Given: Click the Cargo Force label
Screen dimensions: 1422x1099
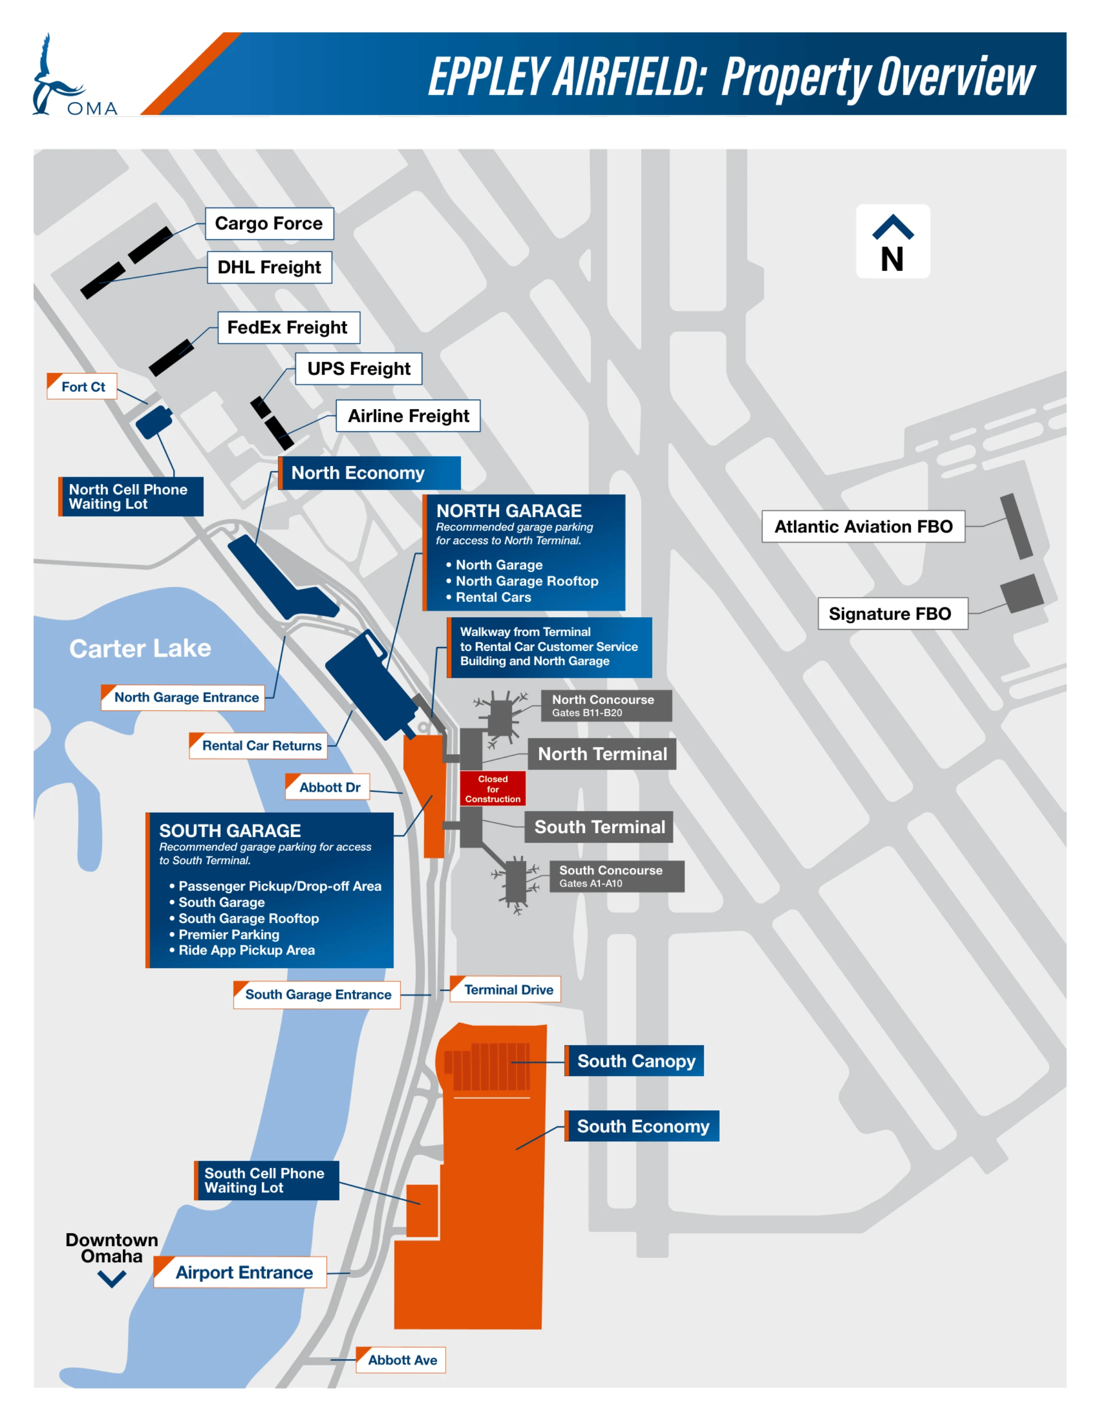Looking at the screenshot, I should pos(269,223).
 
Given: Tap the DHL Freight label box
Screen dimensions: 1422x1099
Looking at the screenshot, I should pos(269,267).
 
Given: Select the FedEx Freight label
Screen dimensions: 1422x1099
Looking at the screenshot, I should pos(288,327).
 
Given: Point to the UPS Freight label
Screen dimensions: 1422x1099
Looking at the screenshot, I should pos(359,368).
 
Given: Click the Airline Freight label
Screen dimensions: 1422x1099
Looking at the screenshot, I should pos(408,415).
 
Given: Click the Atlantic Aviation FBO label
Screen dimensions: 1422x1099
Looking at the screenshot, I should pos(863,526).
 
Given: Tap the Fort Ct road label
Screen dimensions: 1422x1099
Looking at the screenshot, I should pos(82,386).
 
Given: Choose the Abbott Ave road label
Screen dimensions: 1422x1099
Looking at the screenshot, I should pos(401,1359).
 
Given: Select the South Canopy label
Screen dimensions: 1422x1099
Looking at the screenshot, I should pos(635,1061).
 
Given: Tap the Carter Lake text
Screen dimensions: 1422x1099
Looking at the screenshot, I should pos(140,648).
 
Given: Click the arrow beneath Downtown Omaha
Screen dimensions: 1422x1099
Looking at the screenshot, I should pos(112,1279).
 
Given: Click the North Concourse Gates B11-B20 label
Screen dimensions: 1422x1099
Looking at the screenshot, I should pos(606,705).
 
